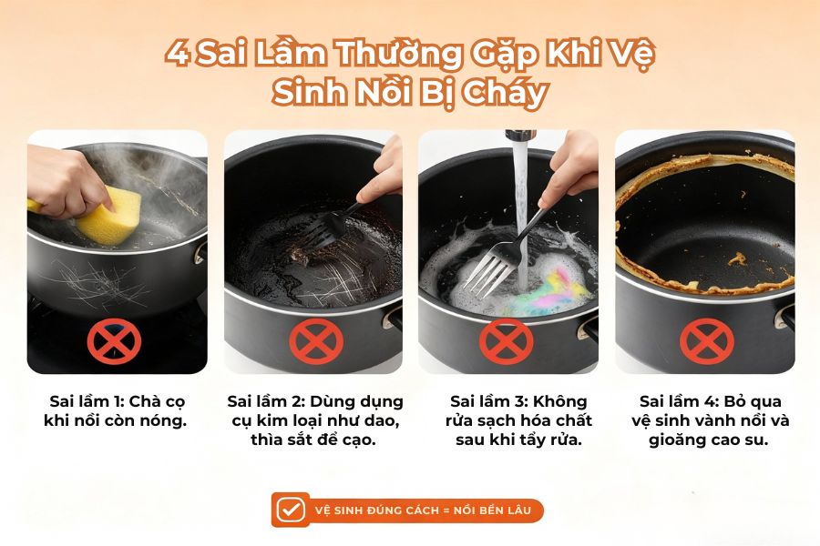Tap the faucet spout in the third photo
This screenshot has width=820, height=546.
click(518, 136)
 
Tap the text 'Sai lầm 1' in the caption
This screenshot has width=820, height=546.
click(84, 401)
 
